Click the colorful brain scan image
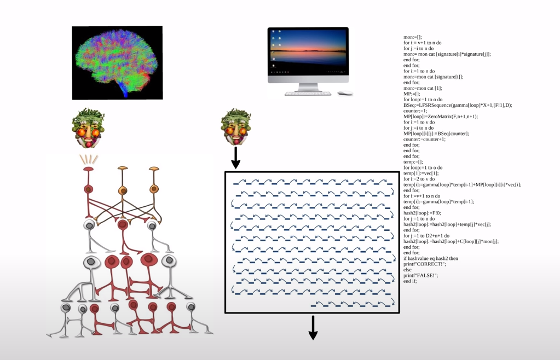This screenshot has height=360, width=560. [x=117, y=62]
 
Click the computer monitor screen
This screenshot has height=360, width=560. [x=308, y=51]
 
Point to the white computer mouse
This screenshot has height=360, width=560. [x=344, y=94]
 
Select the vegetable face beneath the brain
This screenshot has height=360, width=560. [x=88, y=130]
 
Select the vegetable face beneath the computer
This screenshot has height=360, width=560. [x=236, y=128]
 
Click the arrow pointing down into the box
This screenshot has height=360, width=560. [x=236, y=158]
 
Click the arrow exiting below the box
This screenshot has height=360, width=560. [x=313, y=328]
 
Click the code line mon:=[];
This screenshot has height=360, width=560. [x=413, y=37]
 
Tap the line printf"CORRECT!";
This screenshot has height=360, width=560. [x=425, y=264]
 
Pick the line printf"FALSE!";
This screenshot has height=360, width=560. [x=421, y=275]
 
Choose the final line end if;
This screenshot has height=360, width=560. [x=410, y=281]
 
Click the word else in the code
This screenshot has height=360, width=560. [x=407, y=269]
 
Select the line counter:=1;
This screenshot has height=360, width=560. [x=417, y=111]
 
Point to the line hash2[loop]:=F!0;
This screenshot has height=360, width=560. [x=424, y=213]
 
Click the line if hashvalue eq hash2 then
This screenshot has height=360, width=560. [x=431, y=258]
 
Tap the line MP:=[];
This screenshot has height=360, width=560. [x=412, y=94]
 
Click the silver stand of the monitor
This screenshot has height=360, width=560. [x=308, y=87]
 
